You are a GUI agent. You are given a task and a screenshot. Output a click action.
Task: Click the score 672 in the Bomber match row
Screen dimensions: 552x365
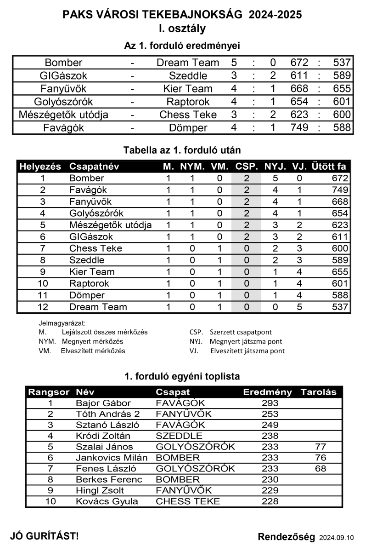[x=299, y=63]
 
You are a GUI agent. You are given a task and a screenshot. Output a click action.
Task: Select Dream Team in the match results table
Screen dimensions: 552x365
[x=188, y=63]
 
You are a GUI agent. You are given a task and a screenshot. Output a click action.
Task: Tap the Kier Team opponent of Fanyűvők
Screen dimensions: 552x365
[x=188, y=89]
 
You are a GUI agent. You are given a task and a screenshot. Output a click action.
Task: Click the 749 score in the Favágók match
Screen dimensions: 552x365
[x=299, y=128]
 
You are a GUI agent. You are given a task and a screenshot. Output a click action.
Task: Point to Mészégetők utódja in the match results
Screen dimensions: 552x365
[x=63, y=115]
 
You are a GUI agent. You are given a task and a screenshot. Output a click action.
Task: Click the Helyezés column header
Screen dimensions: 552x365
[x=40, y=167]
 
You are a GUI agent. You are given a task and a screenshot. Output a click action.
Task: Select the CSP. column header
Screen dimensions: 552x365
[x=247, y=167]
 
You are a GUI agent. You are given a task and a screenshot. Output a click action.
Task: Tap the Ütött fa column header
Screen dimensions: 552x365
[x=329, y=167]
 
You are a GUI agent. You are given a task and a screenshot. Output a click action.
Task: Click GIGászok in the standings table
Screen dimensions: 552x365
[x=91, y=237]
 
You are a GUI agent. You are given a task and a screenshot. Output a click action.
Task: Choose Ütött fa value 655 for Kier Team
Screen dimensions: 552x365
[x=340, y=272]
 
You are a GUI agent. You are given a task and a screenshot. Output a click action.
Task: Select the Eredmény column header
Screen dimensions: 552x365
[x=267, y=392]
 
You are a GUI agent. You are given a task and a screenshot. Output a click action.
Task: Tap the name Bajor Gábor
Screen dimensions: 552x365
[x=103, y=403]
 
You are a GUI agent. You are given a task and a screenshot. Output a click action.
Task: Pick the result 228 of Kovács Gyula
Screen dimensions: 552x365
[x=270, y=501]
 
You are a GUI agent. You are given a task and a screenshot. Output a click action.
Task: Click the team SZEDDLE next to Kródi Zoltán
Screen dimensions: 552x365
[x=179, y=436]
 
